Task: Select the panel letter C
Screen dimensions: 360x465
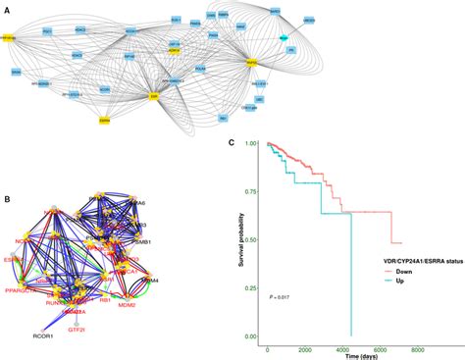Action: [231, 142]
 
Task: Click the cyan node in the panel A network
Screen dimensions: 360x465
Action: [284, 36]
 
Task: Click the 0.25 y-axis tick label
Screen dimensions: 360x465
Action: [250, 289]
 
